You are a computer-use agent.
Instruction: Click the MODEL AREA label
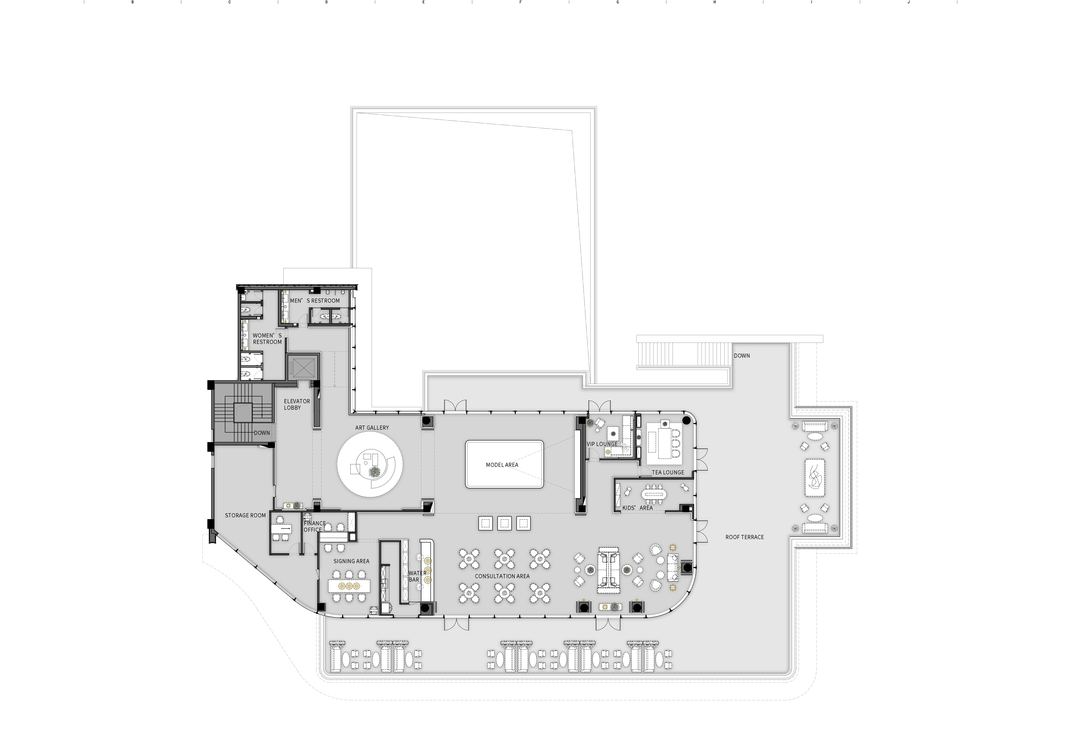point(502,465)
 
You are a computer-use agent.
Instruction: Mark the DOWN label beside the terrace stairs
point(742,356)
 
